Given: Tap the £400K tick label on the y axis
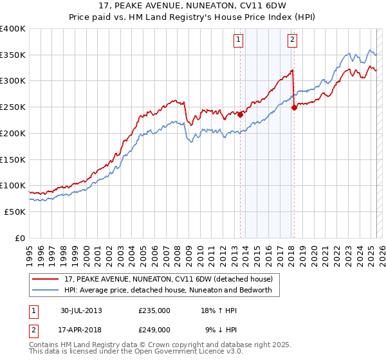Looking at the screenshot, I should [13, 29].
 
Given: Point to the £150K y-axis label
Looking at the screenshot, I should [13, 159].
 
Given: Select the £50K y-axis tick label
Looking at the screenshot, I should [15, 212].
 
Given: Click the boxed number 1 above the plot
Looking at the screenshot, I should [238, 40].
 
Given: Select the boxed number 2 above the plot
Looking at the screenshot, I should [292, 40].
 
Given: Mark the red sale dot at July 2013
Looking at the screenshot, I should [240, 115].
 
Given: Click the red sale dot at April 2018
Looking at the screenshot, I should [294, 108].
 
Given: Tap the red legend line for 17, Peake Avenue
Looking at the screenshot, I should [46, 279].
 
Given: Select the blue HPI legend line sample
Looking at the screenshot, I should [46, 290].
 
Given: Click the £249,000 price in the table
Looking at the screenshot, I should [154, 329].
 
